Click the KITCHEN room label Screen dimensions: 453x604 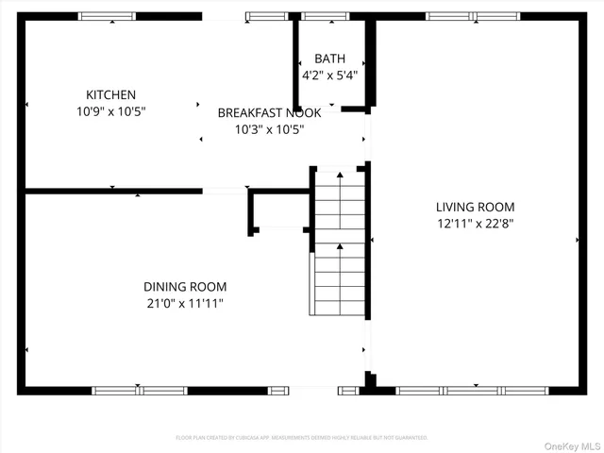tap(111, 94)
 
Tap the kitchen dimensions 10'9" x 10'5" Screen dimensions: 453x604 tap(111, 111)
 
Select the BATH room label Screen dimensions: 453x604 tap(329, 59)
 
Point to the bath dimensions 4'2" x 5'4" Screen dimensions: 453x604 tap(329, 75)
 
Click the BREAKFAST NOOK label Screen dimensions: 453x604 tap(269, 112)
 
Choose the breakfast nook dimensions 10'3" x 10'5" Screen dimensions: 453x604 tap(269, 129)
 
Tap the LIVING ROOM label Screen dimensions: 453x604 tap(475, 207)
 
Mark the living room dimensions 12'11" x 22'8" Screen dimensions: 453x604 tap(475, 224)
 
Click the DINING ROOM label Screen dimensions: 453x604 tap(185, 286)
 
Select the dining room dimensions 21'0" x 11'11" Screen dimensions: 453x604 tap(185, 303)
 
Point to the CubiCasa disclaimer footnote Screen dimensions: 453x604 tap(302, 437)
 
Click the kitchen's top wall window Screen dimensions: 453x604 tap(106, 16)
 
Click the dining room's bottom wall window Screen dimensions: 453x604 tap(140, 390)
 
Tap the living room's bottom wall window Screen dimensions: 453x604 tap(473, 390)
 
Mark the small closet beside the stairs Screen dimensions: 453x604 tap(279, 210)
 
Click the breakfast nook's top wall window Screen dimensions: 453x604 tap(266, 16)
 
